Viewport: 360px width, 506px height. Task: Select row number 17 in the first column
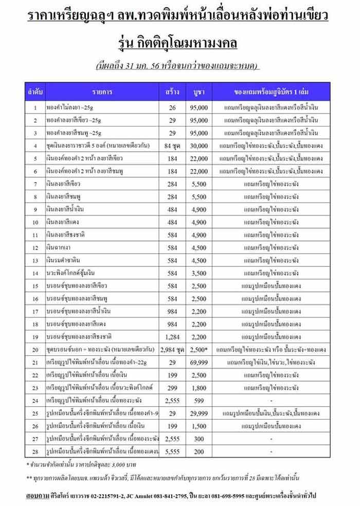click(x=35, y=312)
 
